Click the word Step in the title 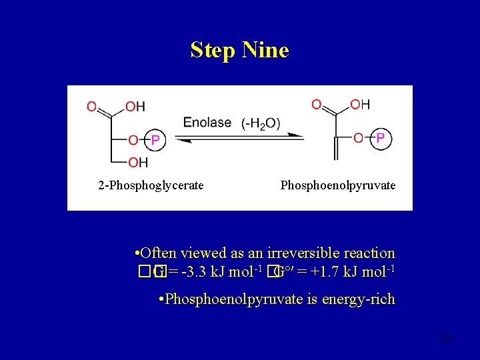[210, 51]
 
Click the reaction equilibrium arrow [243, 137]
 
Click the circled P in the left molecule [155, 140]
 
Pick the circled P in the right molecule [380, 138]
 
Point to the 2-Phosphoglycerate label [151, 185]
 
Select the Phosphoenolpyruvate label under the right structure [338, 185]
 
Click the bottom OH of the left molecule [138, 162]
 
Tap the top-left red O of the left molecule [91, 106]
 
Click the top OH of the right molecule [360, 104]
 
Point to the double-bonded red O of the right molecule [316, 104]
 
